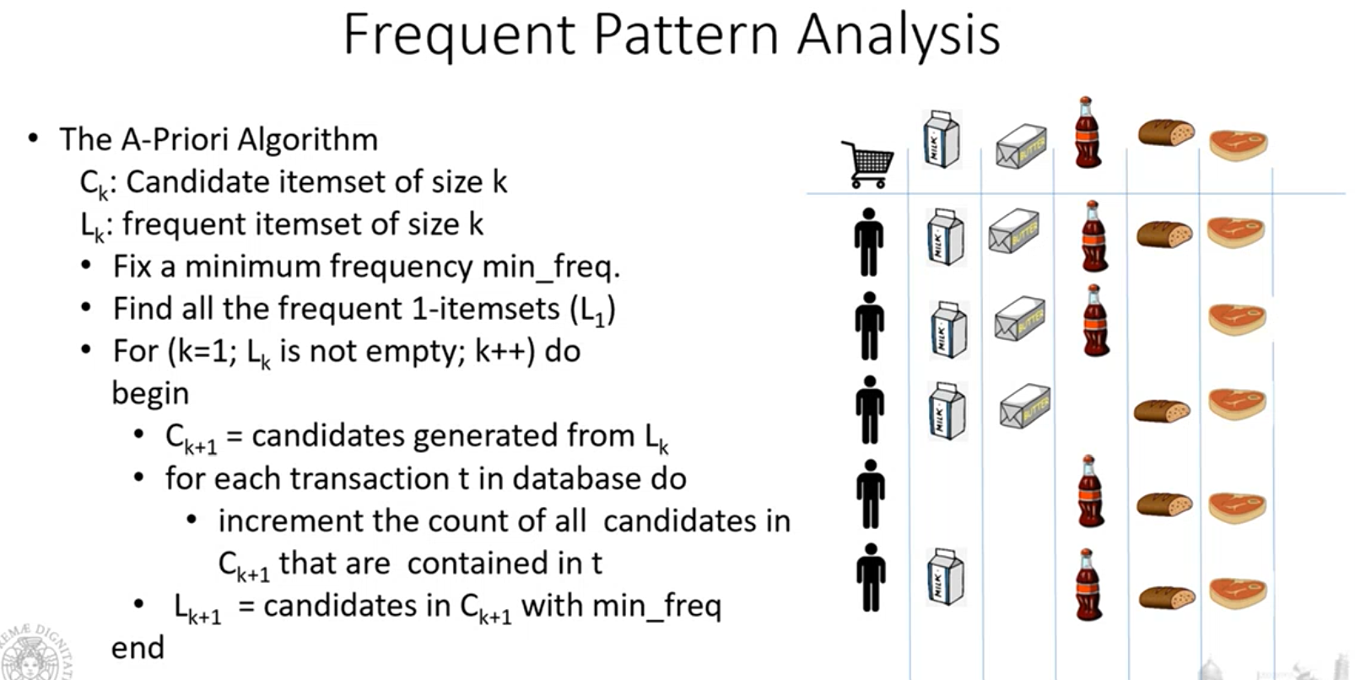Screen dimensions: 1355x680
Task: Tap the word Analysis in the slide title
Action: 899,36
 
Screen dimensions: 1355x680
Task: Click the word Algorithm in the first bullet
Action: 307,140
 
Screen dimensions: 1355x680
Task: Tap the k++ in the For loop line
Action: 505,351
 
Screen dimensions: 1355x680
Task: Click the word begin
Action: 151,395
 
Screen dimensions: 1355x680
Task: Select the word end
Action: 138,647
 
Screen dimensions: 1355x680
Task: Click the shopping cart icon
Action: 868,165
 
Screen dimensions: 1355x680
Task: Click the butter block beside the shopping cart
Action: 1021,145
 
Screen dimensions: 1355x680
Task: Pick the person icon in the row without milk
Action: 871,494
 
